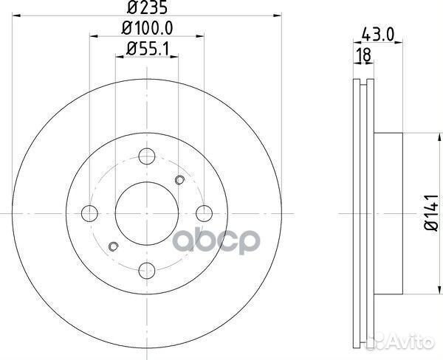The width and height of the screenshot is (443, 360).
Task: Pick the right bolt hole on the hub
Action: point(204,212)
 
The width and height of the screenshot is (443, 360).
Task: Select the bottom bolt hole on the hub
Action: point(146,270)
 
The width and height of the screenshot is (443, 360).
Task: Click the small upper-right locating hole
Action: point(179,179)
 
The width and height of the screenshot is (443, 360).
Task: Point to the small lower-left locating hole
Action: point(113,246)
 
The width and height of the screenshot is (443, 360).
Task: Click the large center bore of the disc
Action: point(146,212)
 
